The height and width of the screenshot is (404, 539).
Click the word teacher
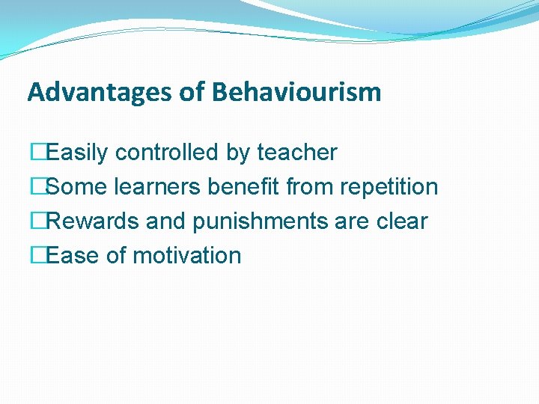[x=297, y=153]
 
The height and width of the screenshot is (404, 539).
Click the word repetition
[x=389, y=187]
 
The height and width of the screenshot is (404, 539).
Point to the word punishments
[x=256, y=222]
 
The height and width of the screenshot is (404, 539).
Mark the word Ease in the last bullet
[x=73, y=256]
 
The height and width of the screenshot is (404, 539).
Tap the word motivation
[x=186, y=256]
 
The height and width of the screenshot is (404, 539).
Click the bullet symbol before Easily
[x=34, y=153]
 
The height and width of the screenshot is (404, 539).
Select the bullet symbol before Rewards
[x=34, y=221]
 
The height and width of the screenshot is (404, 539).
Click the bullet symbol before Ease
[x=34, y=256]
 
